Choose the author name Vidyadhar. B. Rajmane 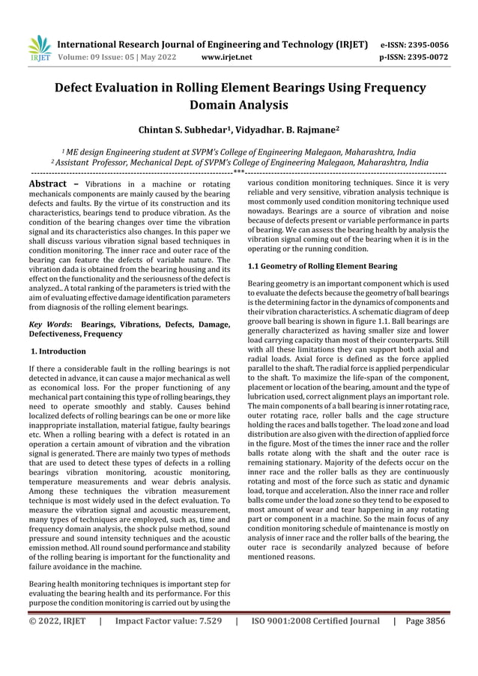pos(289,130)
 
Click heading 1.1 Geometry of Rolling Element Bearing pos(322,266)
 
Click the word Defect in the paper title pos(81,86)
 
